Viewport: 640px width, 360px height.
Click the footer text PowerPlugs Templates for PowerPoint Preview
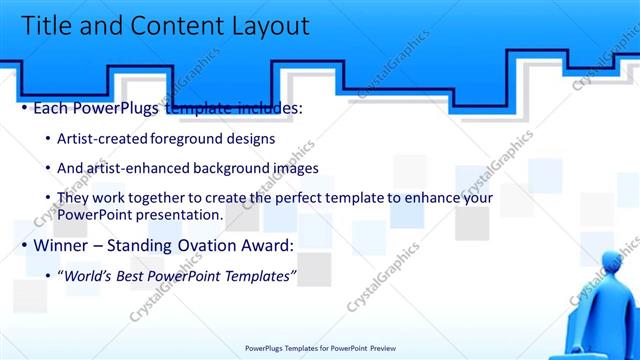320,348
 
